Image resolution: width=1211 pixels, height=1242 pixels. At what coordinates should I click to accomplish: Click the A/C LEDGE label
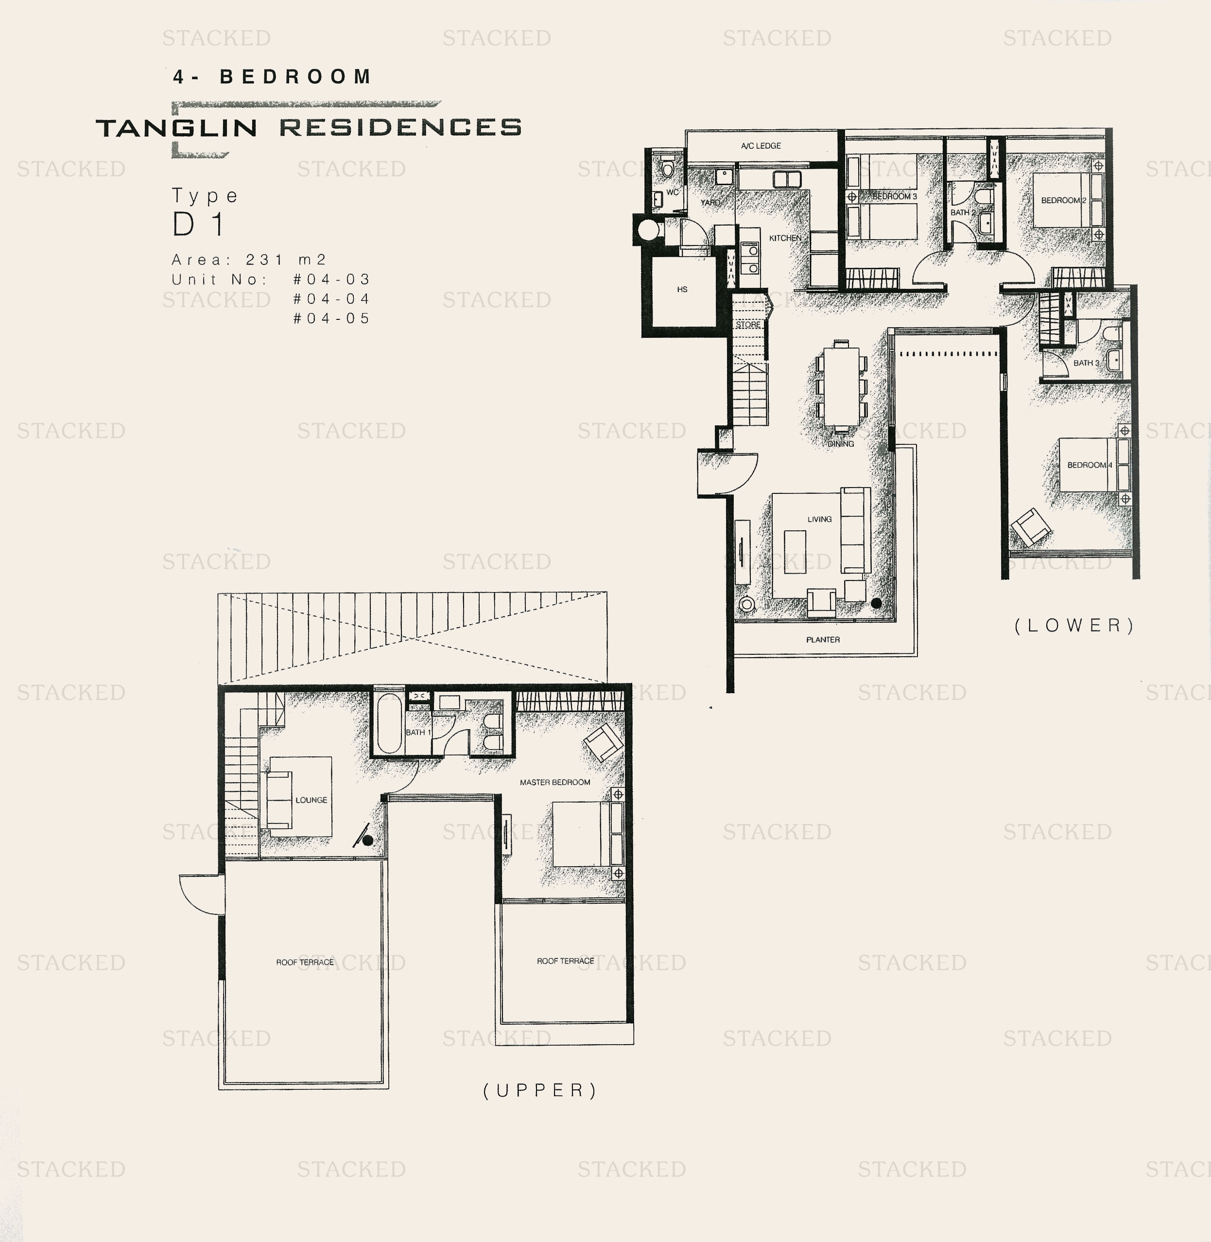pyautogui.click(x=761, y=146)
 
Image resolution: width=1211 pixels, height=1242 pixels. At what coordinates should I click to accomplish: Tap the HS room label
pyautogui.click(x=682, y=290)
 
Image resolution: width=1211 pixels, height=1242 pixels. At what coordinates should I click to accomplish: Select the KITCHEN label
pyautogui.click(x=785, y=238)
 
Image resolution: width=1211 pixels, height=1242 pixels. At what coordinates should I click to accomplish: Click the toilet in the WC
pyautogui.click(x=667, y=168)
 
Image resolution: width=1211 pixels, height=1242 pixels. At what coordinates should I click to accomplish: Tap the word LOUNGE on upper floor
pyautogui.click(x=311, y=800)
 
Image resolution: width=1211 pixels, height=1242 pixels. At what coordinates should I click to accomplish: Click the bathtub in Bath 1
pyautogui.click(x=389, y=723)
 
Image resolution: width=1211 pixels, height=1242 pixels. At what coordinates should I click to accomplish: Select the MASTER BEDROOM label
pyautogui.click(x=554, y=782)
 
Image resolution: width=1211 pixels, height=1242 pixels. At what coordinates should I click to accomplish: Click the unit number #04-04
pyautogui.click(x=331, y=298)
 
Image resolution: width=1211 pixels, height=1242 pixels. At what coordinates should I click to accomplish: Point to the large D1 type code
pyautogui.click(x=198, y=225)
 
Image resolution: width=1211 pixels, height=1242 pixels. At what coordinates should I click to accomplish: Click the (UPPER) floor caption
pyautogui.click(x=540, y=1090)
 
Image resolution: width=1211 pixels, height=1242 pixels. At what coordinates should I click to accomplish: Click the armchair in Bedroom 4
pyautogui.click(x=1030, y=527)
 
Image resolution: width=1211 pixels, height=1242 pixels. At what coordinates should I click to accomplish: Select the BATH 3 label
pyautogui.click(x=1086, y=363)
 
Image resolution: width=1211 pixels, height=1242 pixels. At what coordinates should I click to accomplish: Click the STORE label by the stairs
pyautogui.click(x=748, y=325)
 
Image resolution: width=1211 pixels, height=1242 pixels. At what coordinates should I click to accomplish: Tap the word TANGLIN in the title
pyautogui.click(x=177, y=128)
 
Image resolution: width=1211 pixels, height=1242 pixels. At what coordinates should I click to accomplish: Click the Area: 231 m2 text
pyautogui.click(x=249, y=260)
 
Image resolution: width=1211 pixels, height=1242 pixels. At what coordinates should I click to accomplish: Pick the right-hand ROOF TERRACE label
pyautogui.click(x=565, y=961)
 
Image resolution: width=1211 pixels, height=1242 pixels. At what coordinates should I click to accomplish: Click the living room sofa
pyautogui.click(x=855, y=530)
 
